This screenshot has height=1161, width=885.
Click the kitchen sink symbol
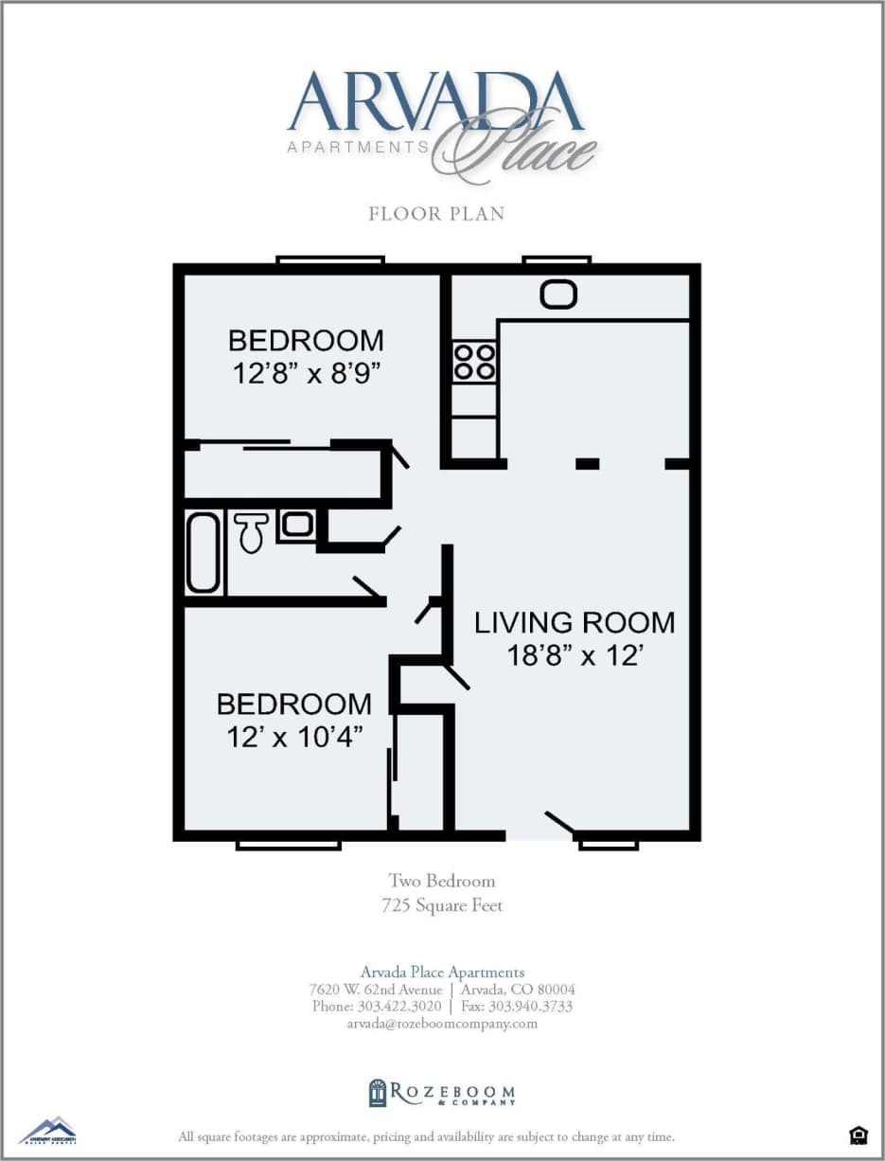click(x=558, y=295)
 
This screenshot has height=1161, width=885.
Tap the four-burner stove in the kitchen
click(x=474, y=361)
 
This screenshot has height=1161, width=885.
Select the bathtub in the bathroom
click(x=203, y=552)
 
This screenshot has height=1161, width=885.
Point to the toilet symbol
click(x=251, y=532)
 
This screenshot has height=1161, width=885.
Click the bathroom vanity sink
click(x=297, y=525)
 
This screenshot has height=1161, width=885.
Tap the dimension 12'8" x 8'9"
click(x=306, y=373)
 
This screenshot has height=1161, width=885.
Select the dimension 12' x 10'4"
click(x=294, y=737)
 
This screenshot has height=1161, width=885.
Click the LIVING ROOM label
click(x=575, y=622)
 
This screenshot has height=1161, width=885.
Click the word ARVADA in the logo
click(x=435, y=101)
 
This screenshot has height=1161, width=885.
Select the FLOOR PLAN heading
click(x=436, y=214)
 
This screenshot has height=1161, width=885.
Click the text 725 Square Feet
click(x=441, y=905)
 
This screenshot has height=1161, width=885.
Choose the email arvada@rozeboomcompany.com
click(x=442, y=1023)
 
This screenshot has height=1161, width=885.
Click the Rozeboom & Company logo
click(x=442, y=1093)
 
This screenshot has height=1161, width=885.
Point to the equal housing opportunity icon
click(x=858, y=1134)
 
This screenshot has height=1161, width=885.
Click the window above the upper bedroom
click(x=330, y=259)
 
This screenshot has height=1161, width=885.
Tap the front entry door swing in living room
click(x=559, y=824)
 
